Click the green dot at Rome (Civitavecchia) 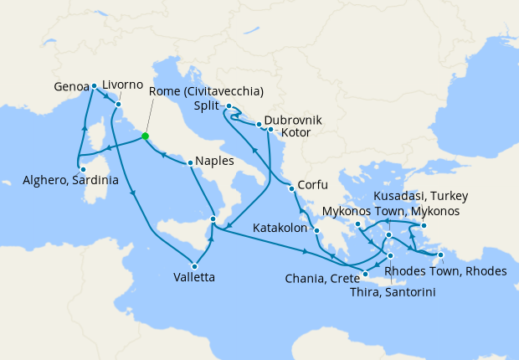coord(145,136)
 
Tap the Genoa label coord(70,85)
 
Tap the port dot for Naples coord(191,162)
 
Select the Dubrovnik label coord(292,120)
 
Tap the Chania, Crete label coord(320,278)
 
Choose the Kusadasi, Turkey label coord(420,196)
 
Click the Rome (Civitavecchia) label coord(207,91)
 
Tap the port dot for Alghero coord(81,167)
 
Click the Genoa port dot coord(95,85)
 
